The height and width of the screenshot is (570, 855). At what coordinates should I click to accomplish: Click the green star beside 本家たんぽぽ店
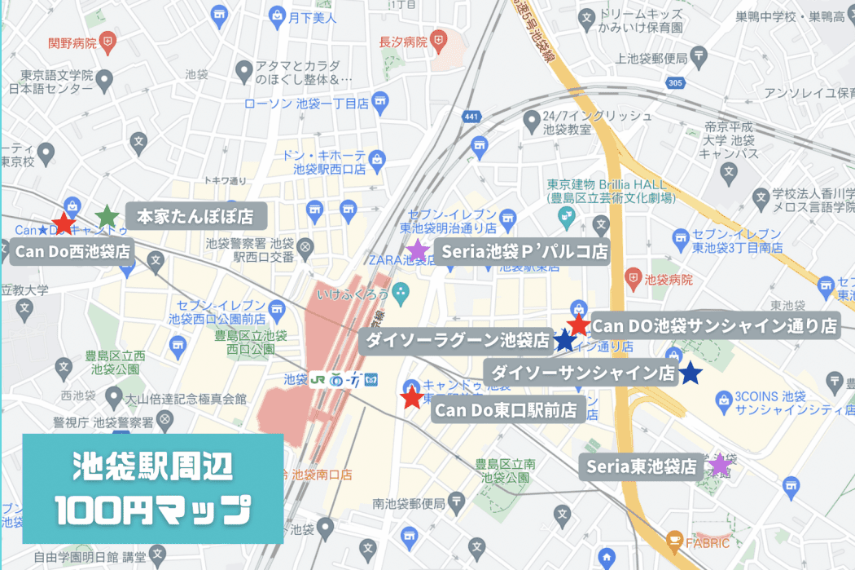click(x=107, y=216)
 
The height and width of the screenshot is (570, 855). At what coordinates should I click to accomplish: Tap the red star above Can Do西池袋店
click(x=63, y=222)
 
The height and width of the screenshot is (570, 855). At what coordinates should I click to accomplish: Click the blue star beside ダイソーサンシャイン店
click(x=691, y=373)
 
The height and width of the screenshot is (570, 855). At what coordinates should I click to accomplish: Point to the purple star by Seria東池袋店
click(x=719, y=466)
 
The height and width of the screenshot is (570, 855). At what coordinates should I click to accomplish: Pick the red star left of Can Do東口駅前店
click(x=412, y=398)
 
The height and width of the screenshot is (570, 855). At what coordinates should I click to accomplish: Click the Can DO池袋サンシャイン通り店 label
click(x=714, y=325)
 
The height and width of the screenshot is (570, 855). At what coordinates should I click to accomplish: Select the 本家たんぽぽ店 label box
click(x=195, y=216)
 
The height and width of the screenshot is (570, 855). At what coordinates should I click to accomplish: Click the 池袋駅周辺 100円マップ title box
click(x=153, y=488)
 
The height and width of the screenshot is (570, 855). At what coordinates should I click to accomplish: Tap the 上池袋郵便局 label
click(x=652, y=58)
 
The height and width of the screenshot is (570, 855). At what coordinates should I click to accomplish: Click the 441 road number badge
click(x=470, y=117)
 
